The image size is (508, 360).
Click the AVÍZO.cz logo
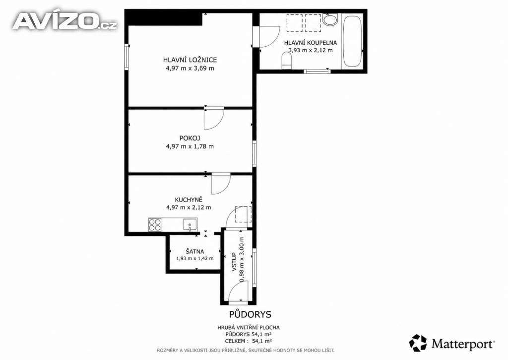[64, 21]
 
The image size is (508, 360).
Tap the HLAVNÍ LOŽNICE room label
[190, 60]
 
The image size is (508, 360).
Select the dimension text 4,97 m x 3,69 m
[190, 69]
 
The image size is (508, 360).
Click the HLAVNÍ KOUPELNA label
[311, 43]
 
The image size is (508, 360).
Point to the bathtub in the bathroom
[352, 41]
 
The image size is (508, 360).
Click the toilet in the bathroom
[287, 61]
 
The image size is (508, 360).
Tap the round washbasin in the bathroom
[330, 19]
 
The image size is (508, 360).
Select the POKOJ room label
[190, 138]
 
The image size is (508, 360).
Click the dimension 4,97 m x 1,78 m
[190, 146]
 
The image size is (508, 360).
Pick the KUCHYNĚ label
[189, 200]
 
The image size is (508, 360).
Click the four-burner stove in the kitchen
[155, 224]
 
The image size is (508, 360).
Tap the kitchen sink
[190, 224]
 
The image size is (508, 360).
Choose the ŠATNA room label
[194, 251]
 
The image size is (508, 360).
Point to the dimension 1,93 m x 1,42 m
[194, 259]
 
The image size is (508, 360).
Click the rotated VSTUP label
[234, 262]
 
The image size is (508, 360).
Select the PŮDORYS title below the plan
[250, 314]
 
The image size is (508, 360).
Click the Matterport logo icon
[418, 343]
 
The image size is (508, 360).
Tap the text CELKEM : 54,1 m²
[248, 341]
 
